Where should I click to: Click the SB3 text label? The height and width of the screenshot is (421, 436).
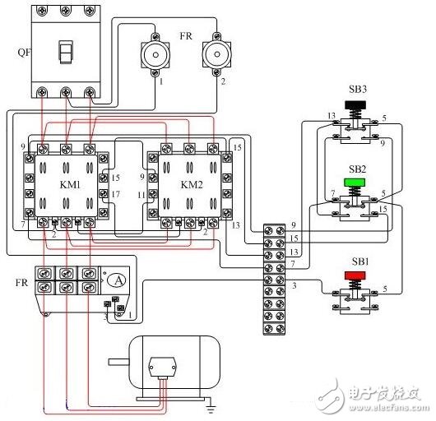coord(355,89)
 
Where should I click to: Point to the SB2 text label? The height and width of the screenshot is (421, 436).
coord(355,168)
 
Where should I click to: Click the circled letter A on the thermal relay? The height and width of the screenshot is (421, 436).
coord(118,280)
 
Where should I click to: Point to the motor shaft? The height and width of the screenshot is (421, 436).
coord(114,360)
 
